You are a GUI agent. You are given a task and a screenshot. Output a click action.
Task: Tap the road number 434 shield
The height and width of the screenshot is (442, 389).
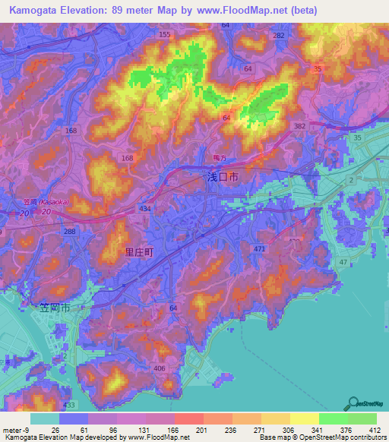[x=144, y=207]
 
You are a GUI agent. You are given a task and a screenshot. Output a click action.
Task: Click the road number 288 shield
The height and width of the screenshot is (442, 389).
[x=70, y=230]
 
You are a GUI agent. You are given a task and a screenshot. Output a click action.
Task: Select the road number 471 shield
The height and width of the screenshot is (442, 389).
[x=261, y=249]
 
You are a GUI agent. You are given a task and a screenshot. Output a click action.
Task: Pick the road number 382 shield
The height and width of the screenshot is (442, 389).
[x=299, y=125]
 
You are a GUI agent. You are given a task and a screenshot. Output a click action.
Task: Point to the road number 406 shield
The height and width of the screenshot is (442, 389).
[x=160, y=368]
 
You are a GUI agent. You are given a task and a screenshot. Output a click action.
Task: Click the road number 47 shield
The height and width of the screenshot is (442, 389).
[x=343, y=261]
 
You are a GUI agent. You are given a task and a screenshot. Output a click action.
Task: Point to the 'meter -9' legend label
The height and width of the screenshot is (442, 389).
[x=14, y=430]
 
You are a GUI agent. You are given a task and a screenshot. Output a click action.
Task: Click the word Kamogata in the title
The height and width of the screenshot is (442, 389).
[x=36, y=10]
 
